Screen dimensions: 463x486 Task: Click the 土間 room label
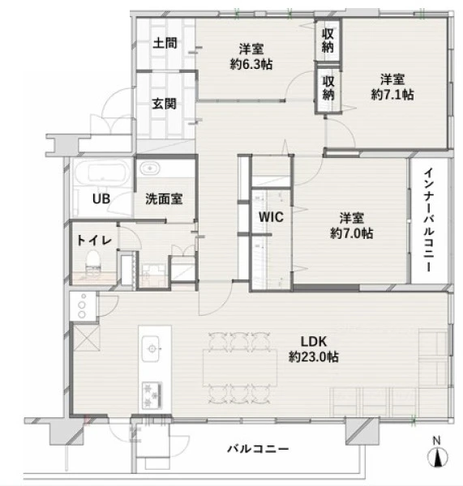pyautogui.click(x=165, y=43)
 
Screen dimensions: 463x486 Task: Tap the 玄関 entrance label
pyautogui.click(x=164, y=104)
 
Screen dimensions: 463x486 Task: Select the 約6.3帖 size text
pyautogui.click(x=251, y=65)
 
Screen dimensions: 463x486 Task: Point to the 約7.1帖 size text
pyautogui.click(x=392, y=95)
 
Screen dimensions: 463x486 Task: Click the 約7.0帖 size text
pyautogui.click(x=351, y=233)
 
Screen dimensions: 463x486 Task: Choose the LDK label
pyautogui.click(x=314, y=342)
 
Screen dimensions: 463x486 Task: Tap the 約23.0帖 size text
pyautogui.click(x=314, y=356)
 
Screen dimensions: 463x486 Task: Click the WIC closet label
pyautogui.click(x=271, y=217)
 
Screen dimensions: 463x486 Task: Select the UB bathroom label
pyautogui.click(x=101, y=198)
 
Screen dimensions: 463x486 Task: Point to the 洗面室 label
pyautogui.click(x=164, y=198)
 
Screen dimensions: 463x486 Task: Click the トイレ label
pyautogui.click(x=94, y=241)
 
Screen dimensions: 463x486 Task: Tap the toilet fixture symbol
pyautogui.click(x=93, y=262)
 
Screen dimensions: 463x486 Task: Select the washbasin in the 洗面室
pyautogui.click(x=150, y=168)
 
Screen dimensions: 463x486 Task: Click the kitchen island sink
pyautogui.click(x=151, y=348)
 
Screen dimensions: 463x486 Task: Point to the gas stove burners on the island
pyautogui.click(x=152, y=395)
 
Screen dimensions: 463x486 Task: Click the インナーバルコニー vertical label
pyautogui.click(x=429, y=220)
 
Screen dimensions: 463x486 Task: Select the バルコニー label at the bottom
pyautogui.click(x=258, y=449)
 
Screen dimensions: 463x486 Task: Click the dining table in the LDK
pyautogui.click(x=240, y=367)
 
